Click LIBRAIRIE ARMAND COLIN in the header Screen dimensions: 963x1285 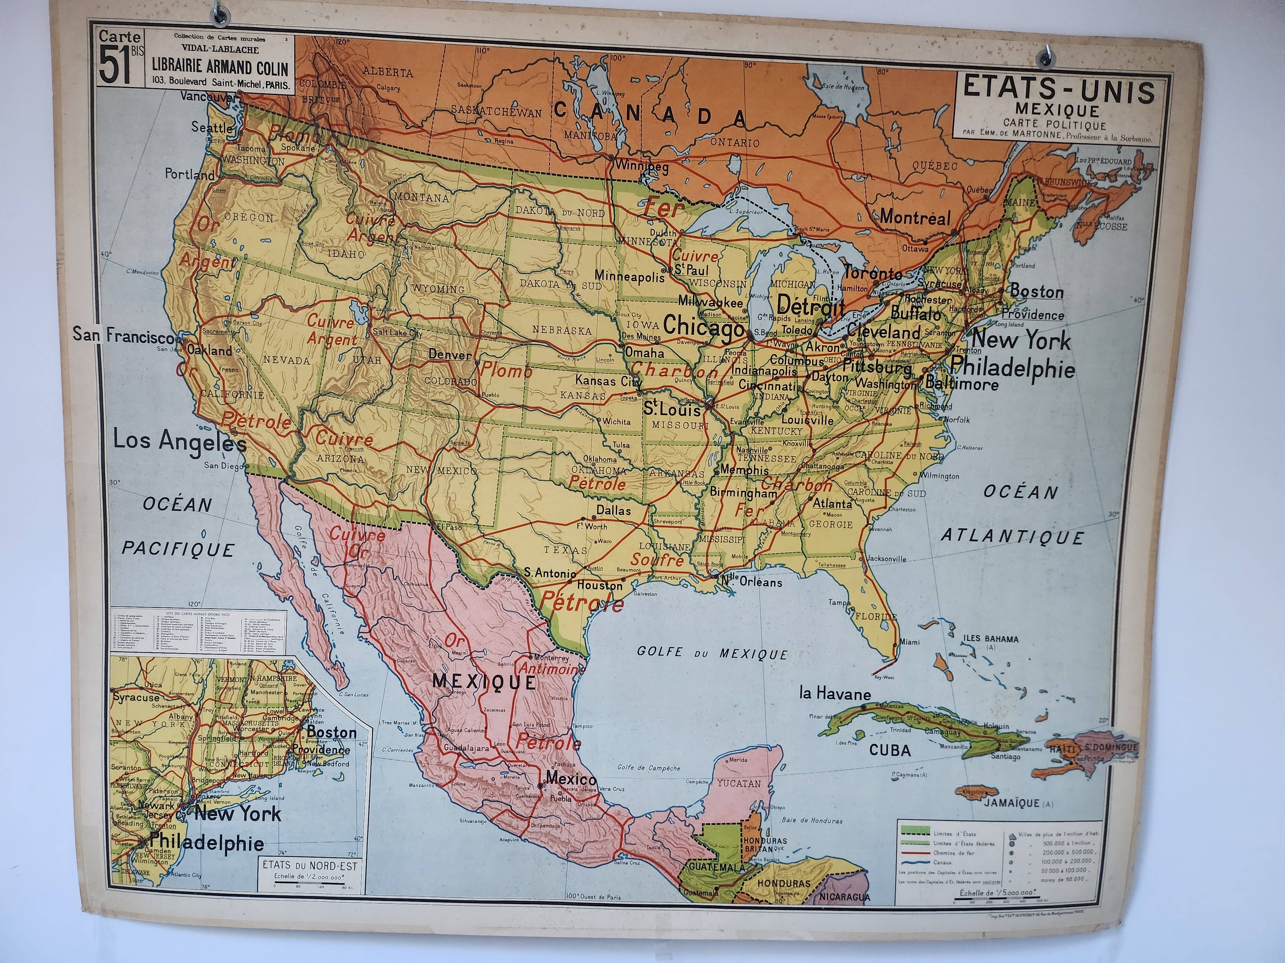coord(220,68)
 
